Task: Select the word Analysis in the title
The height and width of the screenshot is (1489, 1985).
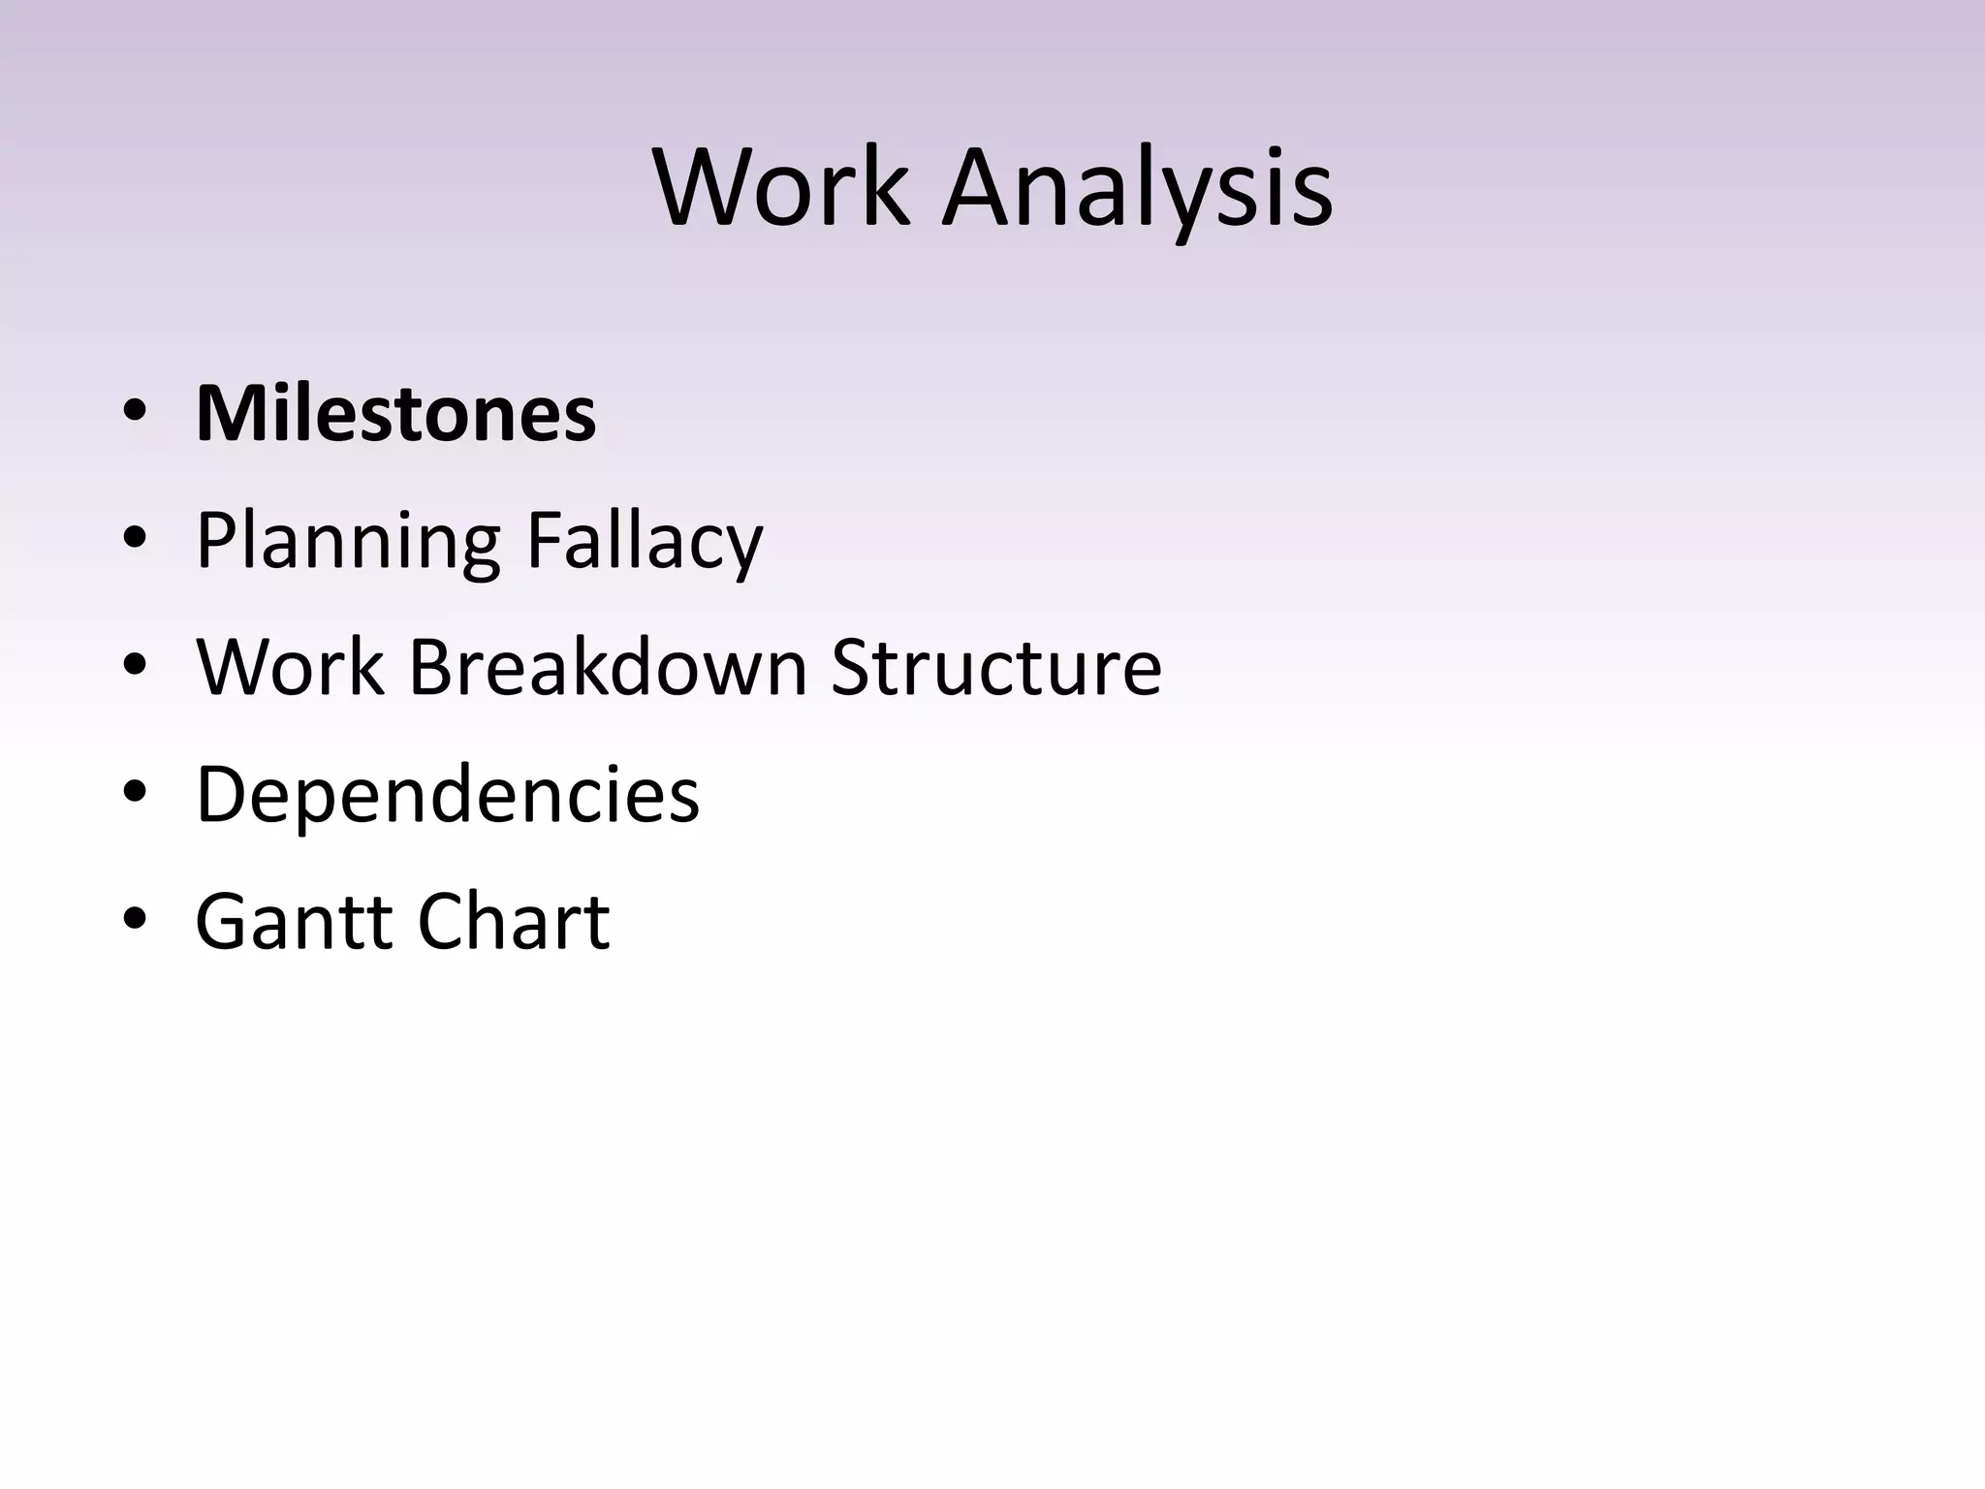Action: click(1138, 189)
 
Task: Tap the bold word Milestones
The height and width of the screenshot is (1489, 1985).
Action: click(395, 414)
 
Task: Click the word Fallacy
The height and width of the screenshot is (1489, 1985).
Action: click(645, 543)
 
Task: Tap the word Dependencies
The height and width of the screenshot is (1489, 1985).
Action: click(448, 794)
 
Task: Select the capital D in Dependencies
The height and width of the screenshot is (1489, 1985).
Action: click(222, 794)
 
